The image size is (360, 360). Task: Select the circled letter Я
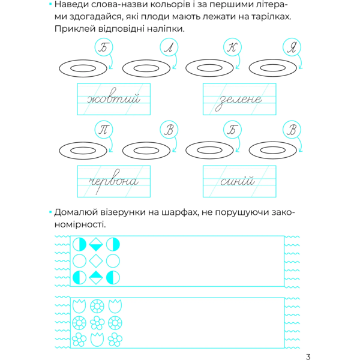[x=292, y=47]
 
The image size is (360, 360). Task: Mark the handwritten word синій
[x=238, y=181]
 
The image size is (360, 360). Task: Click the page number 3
[x=308, y=356]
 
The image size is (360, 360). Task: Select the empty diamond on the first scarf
[x=96, y=261]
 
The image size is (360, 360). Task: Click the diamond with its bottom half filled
[x=96, y=245]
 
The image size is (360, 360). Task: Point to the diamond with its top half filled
[x=96, y=277]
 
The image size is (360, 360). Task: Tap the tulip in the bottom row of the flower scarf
[x=96, y=340]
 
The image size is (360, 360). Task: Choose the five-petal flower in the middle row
[x=96, y=323]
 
